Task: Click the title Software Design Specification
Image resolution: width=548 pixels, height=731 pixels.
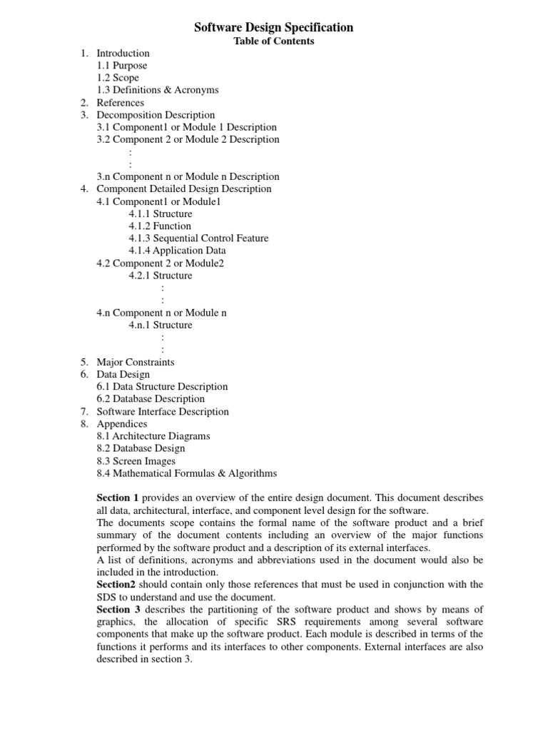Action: [x=274, y=28]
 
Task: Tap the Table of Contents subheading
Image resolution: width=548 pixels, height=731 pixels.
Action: [x=274, y=41]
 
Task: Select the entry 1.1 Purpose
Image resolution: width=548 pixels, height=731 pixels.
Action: [x=122, y=66]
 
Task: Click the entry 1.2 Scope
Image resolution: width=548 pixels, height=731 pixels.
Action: [x=118, y=78]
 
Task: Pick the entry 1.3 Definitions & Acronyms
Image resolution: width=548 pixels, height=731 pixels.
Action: [x=158, y=90]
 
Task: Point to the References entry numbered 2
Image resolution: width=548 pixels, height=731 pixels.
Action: [x=120, y=102]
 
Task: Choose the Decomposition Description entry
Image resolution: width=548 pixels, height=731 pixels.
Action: [x=156, y=115]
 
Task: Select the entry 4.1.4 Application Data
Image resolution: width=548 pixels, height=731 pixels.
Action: [x=177, y=251]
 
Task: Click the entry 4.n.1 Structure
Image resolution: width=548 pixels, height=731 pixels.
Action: [x=161, y=325]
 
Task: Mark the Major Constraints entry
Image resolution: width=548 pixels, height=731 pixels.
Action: [x=135, y=362]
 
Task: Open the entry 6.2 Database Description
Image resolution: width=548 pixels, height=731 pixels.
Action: [x=151, y=399]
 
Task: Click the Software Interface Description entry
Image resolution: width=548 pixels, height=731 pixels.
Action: [x=163, y=412]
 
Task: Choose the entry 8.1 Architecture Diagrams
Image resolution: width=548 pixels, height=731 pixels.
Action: [x=153, y=436]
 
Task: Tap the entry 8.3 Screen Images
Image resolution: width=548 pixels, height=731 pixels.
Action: [x=136, y=461]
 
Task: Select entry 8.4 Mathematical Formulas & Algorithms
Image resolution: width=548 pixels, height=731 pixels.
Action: [x=187, y=473]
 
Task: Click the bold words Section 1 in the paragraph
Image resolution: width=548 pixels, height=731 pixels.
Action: [x=118, y=498]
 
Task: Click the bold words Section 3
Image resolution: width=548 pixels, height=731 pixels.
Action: [x=118, y=609]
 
